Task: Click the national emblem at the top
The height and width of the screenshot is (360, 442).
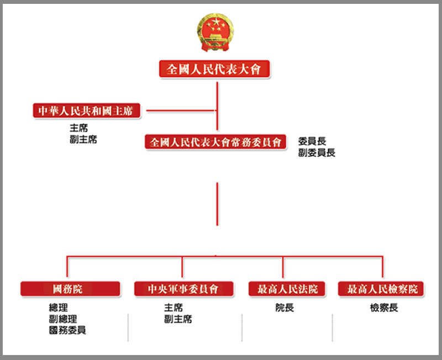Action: click(215, 33)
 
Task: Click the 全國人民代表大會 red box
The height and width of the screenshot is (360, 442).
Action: click(214, 68)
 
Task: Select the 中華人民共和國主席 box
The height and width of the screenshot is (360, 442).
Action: click(87, 110)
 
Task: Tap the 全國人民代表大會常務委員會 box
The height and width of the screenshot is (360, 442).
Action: click(215, 142)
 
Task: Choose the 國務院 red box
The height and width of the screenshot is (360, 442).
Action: click(71, 289)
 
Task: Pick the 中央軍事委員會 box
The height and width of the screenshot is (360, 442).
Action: click(184, 289)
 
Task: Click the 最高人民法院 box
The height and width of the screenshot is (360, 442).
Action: click(287, 289)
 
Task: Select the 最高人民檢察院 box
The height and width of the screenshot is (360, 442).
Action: click(381, 289)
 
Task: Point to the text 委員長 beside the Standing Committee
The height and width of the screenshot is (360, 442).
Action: click(312, 141)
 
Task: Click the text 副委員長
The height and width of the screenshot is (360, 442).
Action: click(317, 152)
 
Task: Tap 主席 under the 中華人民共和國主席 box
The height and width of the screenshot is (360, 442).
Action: click(78, 128)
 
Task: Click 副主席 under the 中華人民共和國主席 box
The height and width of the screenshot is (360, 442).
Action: click(83, 139)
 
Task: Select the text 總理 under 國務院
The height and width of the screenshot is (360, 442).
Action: click(58, 308)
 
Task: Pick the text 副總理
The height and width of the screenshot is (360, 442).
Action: click(63, 319)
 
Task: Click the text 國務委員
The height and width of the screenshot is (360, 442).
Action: click(67, 330)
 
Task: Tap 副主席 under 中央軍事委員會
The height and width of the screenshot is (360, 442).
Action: click(178, 319)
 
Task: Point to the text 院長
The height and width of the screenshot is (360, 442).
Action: click(285, 308)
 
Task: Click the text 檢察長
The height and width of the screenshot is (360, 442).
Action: click(384, 308)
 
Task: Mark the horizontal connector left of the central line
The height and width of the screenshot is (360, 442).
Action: click(181, 110)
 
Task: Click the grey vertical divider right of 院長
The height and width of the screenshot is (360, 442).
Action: click(333, 327)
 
